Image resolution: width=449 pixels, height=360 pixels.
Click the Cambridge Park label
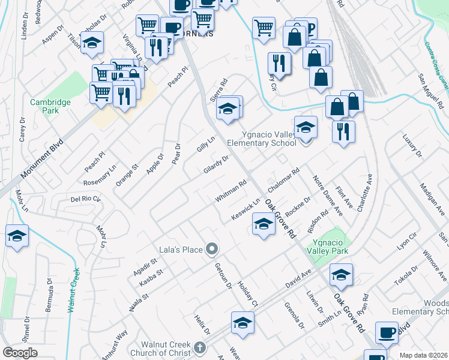click(x=51, y=106)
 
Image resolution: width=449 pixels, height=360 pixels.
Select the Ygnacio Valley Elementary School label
click(x=261, y=139)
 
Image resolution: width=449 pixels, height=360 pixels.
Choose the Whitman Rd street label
click(x=231, y=193)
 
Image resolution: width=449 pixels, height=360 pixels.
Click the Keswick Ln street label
click(x=246, y=208)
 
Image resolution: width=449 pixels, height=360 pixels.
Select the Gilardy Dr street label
click(x=216, y=164)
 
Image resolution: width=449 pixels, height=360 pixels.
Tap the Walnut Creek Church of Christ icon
click(x=199, y=347)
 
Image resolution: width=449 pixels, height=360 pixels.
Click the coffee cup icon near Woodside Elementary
click(x=387, y=332)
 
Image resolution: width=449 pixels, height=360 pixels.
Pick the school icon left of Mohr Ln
click(x=17, y=235)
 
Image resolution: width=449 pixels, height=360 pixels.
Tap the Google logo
click(x=20, y=353)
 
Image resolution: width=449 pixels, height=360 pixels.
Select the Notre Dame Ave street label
click(x=328, y=196)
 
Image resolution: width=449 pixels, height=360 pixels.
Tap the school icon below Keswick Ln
click(x=262, y=225)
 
